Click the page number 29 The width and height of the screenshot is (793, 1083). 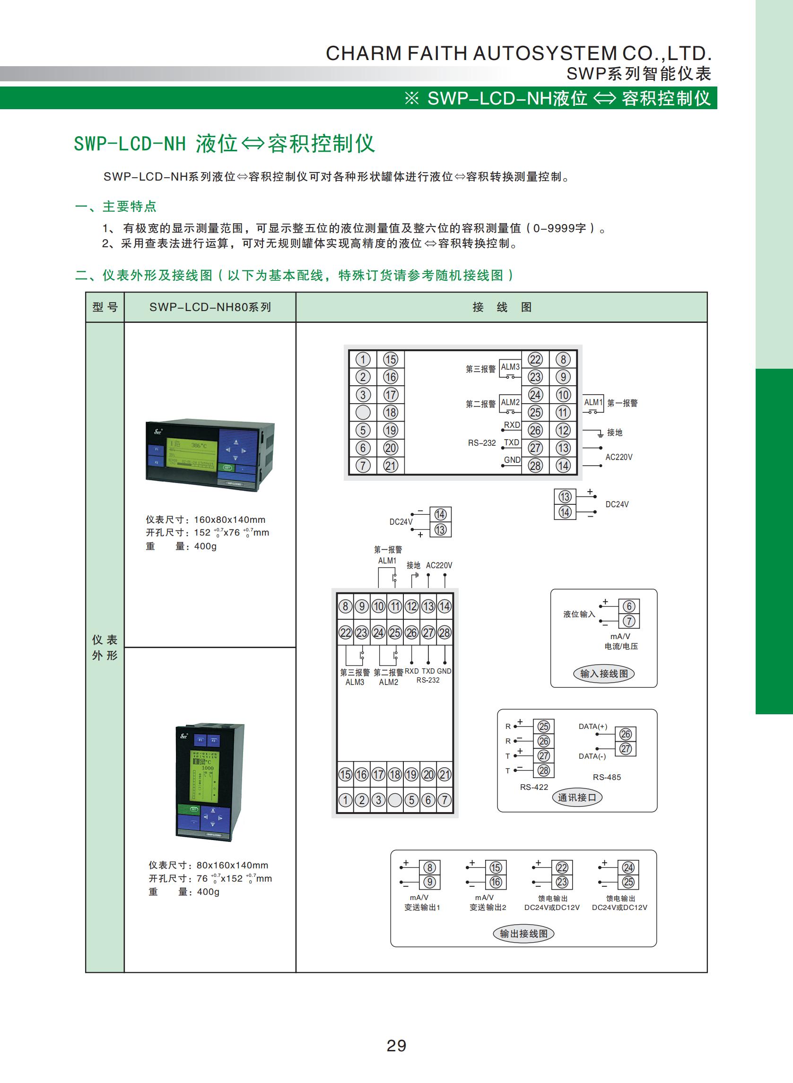(x=396, y=1045)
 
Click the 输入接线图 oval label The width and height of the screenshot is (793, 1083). (x=603, y=673)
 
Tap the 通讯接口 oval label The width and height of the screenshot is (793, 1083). (x=576, y=797)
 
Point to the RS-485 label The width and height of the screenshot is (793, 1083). (x=606, y=777)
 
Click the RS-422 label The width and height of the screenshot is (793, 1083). (x=534, y=787)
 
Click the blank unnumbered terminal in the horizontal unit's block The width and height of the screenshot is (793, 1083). (x=363, y=412)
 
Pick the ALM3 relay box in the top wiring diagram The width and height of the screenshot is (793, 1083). (x=510, y=368)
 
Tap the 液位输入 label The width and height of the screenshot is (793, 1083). (x=579, y=614)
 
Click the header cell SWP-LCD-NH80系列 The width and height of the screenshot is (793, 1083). (x=210, y=307)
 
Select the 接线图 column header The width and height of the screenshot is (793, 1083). (x=502, y=307)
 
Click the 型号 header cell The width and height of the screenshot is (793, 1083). (x=105, y=307)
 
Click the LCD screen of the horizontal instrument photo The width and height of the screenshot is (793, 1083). (x=191, y=452)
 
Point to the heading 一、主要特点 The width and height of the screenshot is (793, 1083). (x=116, y=206)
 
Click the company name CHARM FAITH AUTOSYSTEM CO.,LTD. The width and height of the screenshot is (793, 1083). (x=518, y=53)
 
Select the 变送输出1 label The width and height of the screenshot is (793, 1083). (x=422, y=907)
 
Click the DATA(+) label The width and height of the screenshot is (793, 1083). (x=593, y=727)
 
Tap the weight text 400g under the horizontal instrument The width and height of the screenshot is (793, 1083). (x=205, y=546)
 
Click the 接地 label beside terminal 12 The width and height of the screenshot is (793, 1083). (x=614, y=433)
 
